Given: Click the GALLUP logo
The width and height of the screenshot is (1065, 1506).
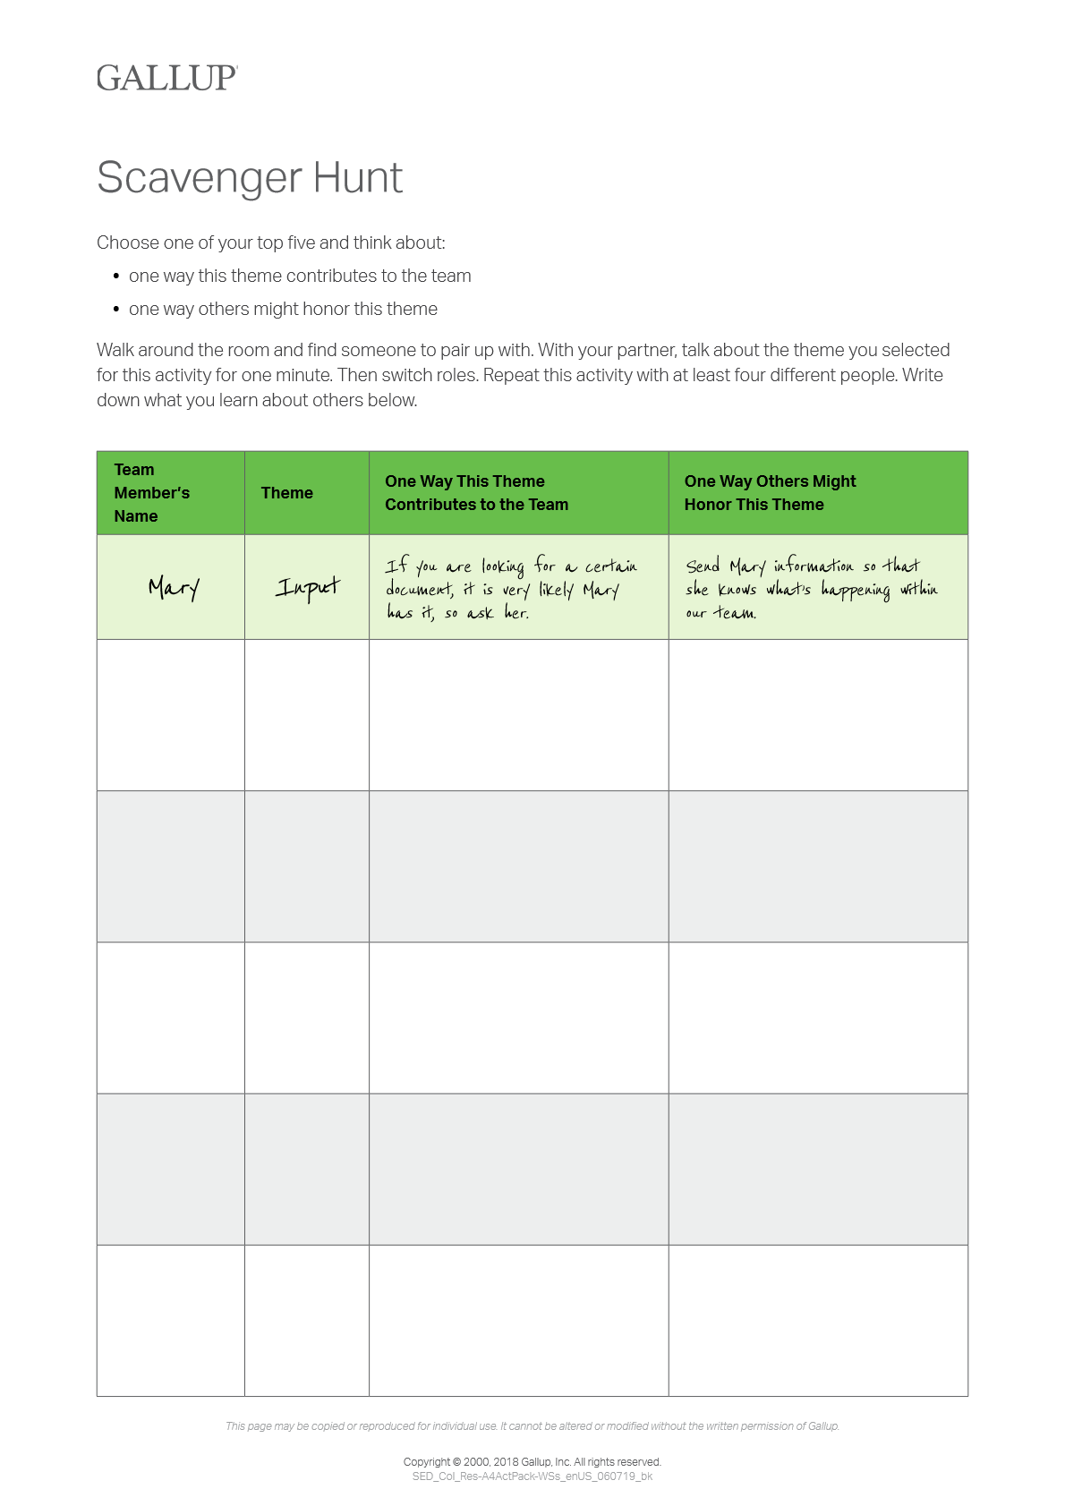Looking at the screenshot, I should point(167,78).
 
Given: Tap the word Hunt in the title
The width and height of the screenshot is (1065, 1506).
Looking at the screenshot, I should point(357,177).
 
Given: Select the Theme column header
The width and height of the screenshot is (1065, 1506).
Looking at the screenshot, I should point(286,493).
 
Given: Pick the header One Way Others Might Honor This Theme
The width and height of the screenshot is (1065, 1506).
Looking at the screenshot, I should point(770,493).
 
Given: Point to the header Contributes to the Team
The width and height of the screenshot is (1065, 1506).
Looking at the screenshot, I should point(476,505).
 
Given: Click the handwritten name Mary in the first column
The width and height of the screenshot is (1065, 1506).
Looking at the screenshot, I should point(173,587).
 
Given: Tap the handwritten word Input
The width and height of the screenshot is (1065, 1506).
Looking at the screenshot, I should point(307,587).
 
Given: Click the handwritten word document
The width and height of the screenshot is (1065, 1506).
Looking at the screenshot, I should point(418,589).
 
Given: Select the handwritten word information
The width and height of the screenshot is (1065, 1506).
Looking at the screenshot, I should point(813,566).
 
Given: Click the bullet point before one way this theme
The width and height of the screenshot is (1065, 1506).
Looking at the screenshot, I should point(116,277).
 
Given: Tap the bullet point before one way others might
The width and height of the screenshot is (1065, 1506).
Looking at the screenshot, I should point(116,310).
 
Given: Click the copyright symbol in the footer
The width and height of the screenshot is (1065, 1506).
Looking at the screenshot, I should point(457,1462).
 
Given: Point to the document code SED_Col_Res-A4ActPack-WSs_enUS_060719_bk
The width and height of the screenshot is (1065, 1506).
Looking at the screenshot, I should point(532,1476).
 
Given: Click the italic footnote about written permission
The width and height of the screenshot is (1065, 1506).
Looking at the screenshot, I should point(532,1426).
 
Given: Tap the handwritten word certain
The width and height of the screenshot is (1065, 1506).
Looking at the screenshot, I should point(611,566).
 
